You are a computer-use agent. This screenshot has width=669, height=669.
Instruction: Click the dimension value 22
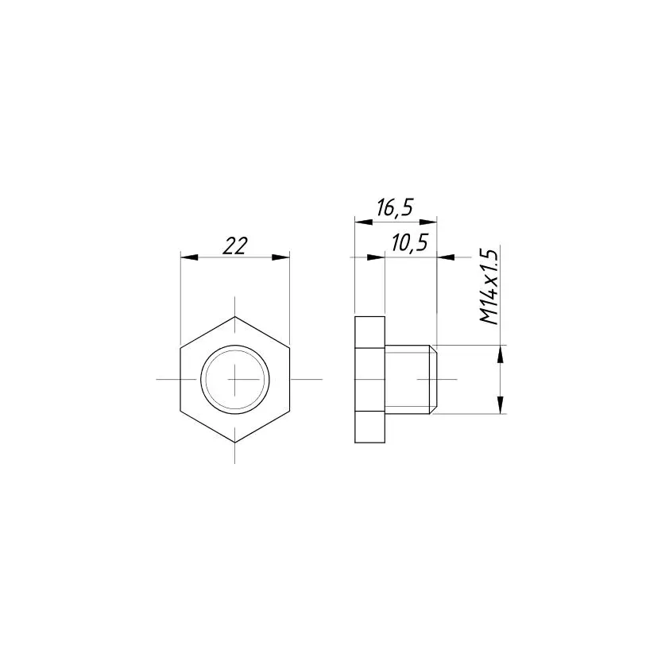coord(235,246)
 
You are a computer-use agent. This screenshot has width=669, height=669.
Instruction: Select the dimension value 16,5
coord(395,208)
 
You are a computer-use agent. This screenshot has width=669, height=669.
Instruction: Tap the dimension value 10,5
coord(409,243)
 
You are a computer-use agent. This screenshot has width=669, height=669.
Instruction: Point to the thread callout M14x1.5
coord(489,287)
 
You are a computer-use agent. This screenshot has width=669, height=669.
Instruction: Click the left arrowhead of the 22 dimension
coord(189,257)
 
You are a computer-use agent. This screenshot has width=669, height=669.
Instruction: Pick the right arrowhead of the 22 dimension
coord(280,257)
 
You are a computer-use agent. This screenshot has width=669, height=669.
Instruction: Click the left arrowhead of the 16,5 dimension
coord(364,222)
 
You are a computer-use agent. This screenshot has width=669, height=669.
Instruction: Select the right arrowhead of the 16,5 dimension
coord(428,222)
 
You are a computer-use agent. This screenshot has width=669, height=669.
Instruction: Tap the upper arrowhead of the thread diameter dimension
coord(501,354)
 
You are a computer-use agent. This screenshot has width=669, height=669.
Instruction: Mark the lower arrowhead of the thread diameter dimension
coord(501,404)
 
